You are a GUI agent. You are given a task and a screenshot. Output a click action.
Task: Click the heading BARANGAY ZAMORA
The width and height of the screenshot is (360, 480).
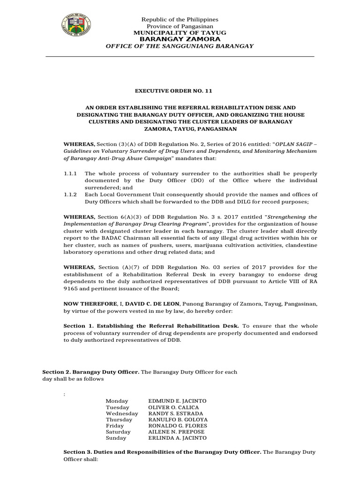click(x=180, y=39)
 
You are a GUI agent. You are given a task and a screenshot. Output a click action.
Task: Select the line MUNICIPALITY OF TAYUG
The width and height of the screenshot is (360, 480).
click(x=180, y=33)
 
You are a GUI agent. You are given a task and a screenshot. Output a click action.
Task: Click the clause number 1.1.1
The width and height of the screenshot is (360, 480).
click(x=70, y=173)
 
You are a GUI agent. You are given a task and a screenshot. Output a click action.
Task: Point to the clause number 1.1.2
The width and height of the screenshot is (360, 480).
click(x=70, y=195)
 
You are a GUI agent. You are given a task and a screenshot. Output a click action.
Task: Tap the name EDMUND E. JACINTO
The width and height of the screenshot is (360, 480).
click(x=177, y=401)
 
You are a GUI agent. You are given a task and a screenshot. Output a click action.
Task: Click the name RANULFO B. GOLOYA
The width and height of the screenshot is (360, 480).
click(x=178, y=420)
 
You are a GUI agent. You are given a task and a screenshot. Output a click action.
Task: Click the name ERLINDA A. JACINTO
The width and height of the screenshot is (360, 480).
click(x=177, y=438)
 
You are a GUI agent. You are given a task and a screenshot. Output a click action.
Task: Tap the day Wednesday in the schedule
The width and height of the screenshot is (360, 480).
click(x=122, y=413)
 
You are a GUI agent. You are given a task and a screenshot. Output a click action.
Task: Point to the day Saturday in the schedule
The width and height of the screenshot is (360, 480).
click(x=118, y=432)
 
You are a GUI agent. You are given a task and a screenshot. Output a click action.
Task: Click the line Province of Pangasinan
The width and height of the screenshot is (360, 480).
click(x=180, y=26)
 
